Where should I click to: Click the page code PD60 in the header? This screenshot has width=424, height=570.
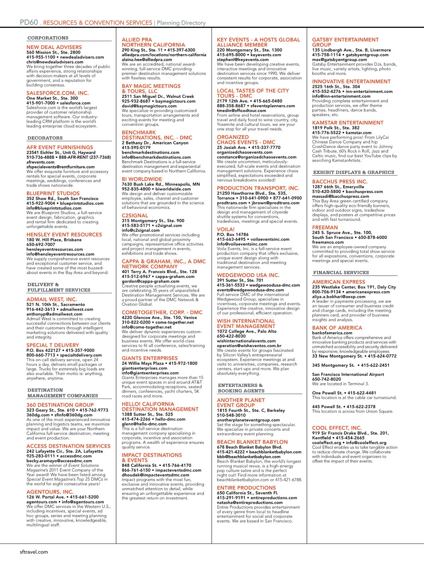point(29,22)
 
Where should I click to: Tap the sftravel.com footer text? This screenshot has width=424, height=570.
point(34,552)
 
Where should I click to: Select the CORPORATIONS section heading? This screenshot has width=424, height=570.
point(48,38)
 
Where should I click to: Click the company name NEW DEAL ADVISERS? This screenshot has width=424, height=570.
point(54,47)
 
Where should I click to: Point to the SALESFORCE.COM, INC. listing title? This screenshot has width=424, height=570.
point(58,93)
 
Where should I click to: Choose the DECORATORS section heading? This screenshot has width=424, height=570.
point(45,138)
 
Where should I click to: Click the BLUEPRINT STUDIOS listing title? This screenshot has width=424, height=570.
point(53,193)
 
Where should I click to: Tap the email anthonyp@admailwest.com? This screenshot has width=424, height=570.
point(54,314)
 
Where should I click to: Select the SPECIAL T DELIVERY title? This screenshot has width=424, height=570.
point(53,345)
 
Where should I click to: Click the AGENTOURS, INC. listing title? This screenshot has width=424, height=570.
point(50,492)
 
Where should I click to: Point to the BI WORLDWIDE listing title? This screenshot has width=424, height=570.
point(142,179)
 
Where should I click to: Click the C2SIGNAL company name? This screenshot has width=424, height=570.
point(135,216)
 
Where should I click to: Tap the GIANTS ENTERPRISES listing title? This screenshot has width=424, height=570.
point(150,358)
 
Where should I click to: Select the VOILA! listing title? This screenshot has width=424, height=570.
point(226,229)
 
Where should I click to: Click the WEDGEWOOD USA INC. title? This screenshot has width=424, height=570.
point(248,275)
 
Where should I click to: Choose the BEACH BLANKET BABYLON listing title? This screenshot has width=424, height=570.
point(252,442)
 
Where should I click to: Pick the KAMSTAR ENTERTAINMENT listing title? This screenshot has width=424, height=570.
point(348,123)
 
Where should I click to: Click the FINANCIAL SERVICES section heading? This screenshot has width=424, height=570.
point(341,272)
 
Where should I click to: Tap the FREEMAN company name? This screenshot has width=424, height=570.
point(325,228)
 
